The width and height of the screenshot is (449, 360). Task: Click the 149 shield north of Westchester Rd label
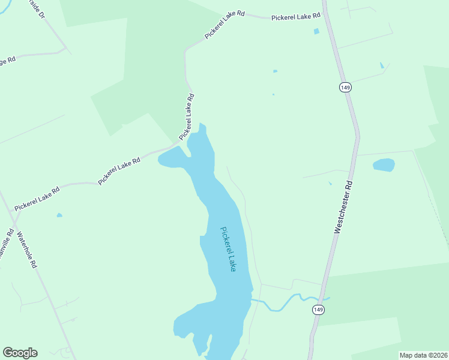(x=345, y=88)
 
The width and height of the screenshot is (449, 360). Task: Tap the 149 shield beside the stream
(x=318, y=310)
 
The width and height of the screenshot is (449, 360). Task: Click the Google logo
(x=20, y=353)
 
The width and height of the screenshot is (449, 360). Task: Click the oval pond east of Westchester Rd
(x=384, y=164)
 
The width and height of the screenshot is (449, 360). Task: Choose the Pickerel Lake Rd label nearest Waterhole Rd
(x=37, y=199)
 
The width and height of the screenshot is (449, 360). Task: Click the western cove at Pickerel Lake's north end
(x=170, y=159)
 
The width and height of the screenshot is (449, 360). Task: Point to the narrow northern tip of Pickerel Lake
(x=202, y=127)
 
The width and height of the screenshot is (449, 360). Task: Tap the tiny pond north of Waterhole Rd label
(x=59, y=215)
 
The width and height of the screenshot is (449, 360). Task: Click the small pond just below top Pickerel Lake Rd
(x=316, y=31)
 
